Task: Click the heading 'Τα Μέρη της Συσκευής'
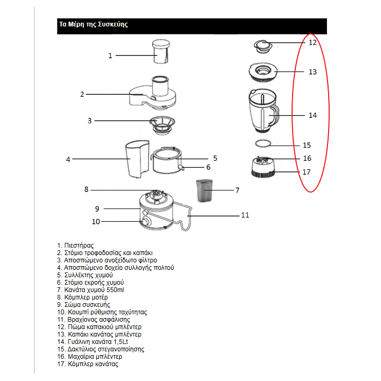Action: (x=93, y=25)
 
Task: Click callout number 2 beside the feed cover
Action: (x=82, y=94)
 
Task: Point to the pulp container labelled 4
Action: (x=137, y=159)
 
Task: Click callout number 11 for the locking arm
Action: (x=244, y=215)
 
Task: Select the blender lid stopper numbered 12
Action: (x=263, y=46)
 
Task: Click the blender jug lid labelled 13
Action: (x=262, y=71)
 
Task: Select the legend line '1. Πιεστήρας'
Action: (x=76, y=246)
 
